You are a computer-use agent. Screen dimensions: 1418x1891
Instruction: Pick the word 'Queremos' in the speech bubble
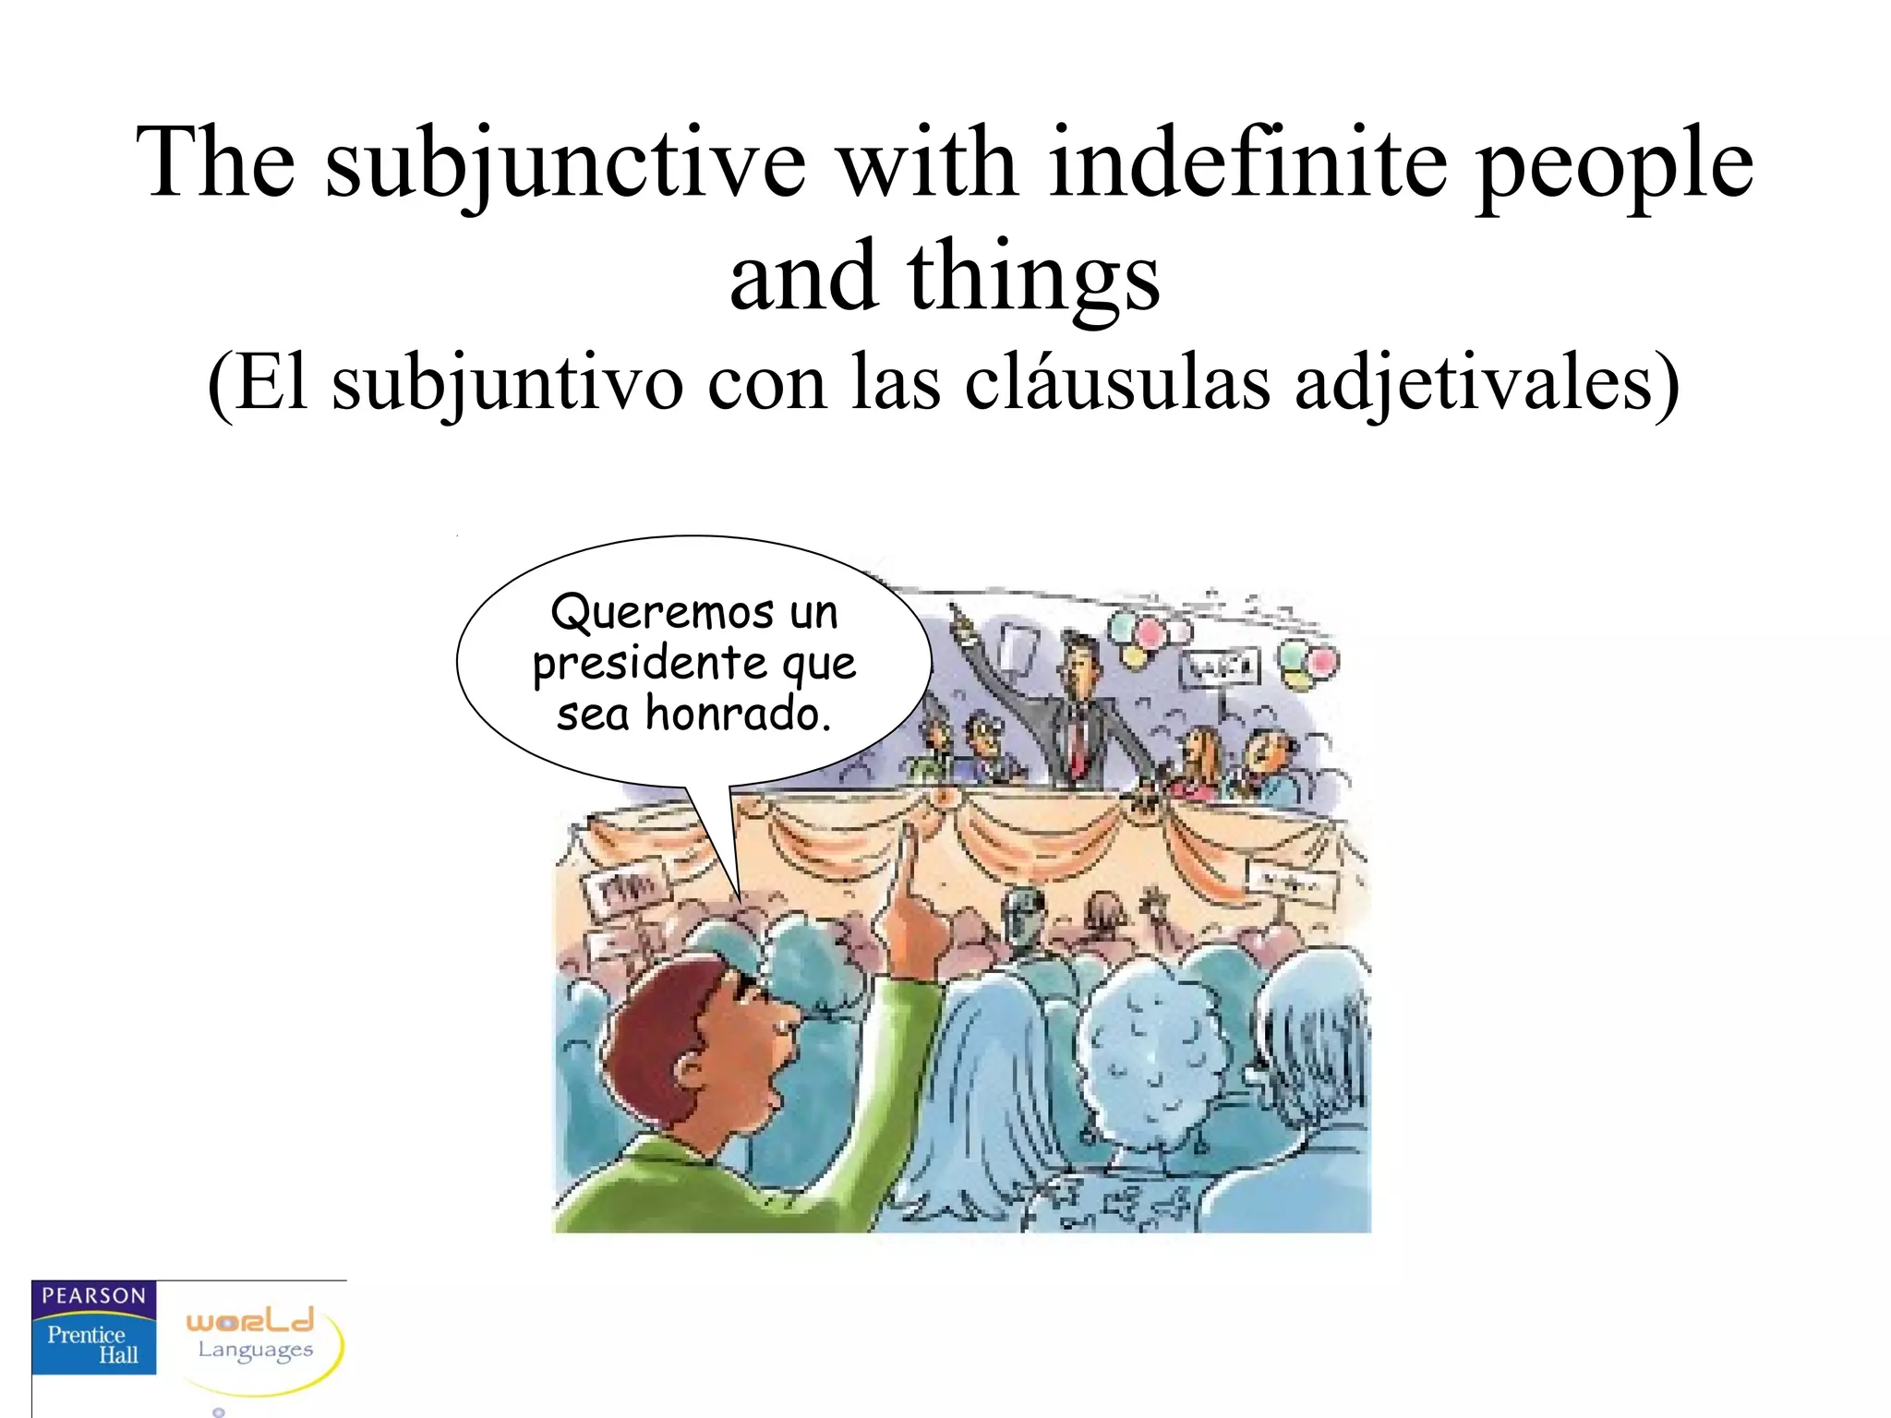pos(662,612)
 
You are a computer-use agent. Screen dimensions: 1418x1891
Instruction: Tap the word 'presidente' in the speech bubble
pos(649,664)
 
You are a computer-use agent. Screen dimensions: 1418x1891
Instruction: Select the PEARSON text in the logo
pos(94,1296)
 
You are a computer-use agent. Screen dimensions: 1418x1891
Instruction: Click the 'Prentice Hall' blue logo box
pos(93,1344)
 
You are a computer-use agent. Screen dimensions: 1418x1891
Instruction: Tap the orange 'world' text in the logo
pos(250,1320)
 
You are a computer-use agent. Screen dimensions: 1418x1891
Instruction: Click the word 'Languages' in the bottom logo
pos(256,1351)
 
